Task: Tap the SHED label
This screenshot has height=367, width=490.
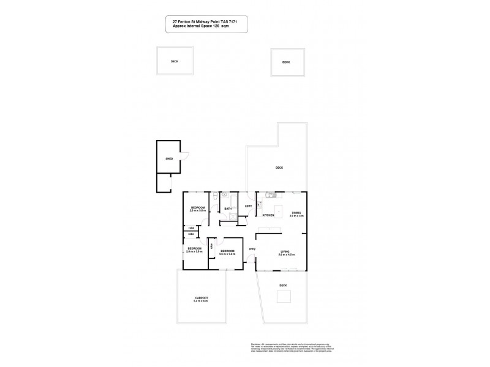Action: (169, 159)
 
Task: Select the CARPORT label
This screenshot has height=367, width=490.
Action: (201, 298)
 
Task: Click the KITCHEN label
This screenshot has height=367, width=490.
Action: (268, 215)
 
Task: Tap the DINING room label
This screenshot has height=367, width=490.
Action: (296, 213)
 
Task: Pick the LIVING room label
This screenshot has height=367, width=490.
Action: (285, 251)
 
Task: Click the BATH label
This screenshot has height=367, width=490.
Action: (227, 209)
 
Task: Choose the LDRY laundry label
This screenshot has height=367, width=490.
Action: (248, 206)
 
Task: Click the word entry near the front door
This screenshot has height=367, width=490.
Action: (251, 248)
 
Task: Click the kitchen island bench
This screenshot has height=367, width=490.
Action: (277, 212)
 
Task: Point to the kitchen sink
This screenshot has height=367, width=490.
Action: (269, 196)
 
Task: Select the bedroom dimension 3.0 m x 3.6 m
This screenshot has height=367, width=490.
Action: (227, 254)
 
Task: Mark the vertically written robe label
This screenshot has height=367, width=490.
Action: (212, 246)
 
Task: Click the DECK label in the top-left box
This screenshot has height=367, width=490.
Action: (174, 62)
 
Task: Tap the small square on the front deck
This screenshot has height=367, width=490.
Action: (284, 297)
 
